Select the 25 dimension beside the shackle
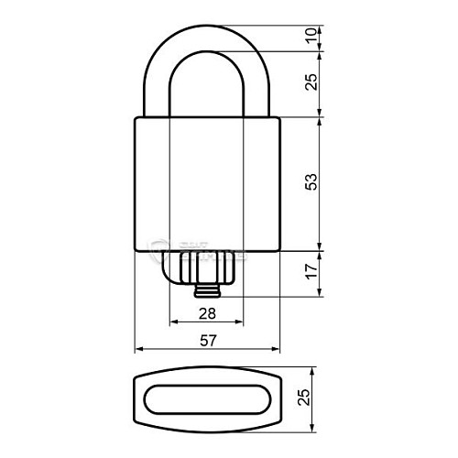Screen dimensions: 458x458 [312, 83]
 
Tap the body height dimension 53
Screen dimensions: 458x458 [312, 182]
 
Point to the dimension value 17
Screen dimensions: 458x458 [312, 272]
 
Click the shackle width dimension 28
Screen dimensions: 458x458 [207, 313]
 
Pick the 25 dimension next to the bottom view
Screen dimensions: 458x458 [306, 398]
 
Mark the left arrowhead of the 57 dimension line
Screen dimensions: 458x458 [139, 350]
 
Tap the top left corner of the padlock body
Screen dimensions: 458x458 [136, 118]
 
